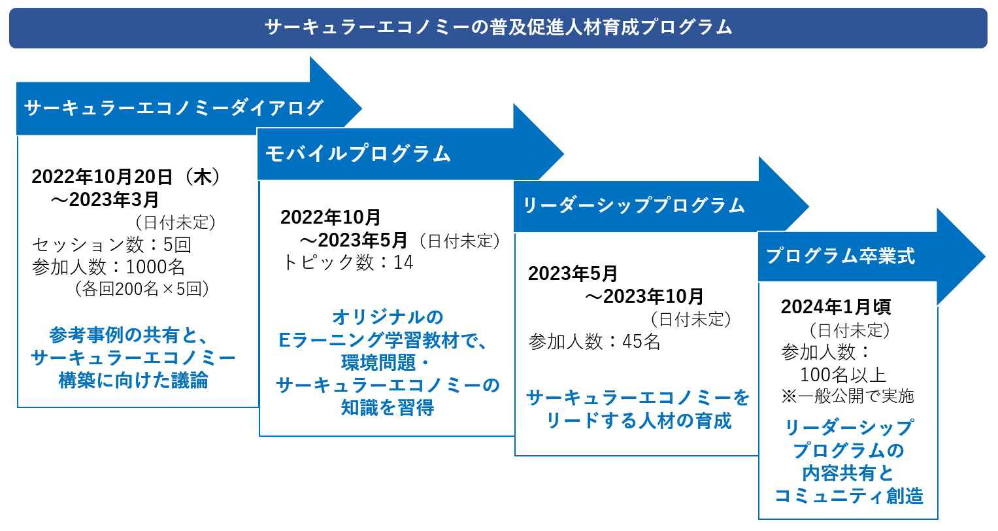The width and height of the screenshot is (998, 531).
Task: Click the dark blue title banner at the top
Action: [x=498, y=27]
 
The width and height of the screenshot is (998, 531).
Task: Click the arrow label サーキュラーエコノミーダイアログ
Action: [x=174, y=108]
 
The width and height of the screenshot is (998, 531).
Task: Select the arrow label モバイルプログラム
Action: [x=358, y=154]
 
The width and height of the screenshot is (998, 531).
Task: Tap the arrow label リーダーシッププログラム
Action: [x=633, y=205]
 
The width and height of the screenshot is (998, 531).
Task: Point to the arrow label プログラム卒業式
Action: [x=840, y=256]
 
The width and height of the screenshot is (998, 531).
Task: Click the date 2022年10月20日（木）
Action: [x=126, y=177]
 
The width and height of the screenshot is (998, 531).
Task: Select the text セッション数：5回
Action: [x=112, y=245]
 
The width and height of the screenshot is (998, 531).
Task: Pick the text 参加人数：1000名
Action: [x=108, y=267]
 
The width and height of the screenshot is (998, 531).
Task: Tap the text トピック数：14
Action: [x=348, y=263]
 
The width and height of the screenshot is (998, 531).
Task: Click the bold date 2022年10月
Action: [x=331, y=217]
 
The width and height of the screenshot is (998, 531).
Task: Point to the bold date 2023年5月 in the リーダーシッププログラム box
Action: [x=573, y=273]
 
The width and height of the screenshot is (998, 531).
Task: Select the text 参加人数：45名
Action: [x=594, y=341]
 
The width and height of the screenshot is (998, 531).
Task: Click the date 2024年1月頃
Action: [x=835, y=307]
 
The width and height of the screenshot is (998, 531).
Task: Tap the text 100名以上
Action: [x=843, y=375]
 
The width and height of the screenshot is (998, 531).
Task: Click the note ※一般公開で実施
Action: [x=848, y=396]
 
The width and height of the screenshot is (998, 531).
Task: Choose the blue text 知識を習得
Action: [x=388, y=408]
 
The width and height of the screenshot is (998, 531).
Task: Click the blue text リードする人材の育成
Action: [x=639, y=420]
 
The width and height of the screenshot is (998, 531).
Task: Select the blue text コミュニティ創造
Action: [x=848, y=496]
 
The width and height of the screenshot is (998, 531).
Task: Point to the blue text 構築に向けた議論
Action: [x=133, y=380]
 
